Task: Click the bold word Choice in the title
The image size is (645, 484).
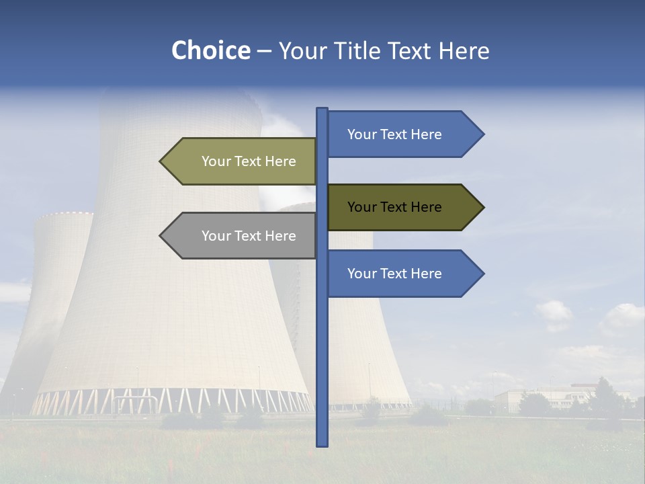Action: pos(210,50)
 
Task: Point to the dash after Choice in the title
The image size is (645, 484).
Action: pos(264,51)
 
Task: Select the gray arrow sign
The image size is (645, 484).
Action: pos(242,236)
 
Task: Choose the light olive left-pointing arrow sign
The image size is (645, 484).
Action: pos(242,161)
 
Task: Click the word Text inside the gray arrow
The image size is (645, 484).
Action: pos(249,236)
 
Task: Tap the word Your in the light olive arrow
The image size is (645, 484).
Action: pos(216,161)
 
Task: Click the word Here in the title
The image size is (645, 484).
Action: pos(464,50)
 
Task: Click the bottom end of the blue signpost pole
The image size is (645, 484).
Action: pos(322,444)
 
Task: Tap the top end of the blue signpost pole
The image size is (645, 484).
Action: pos(322,110)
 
